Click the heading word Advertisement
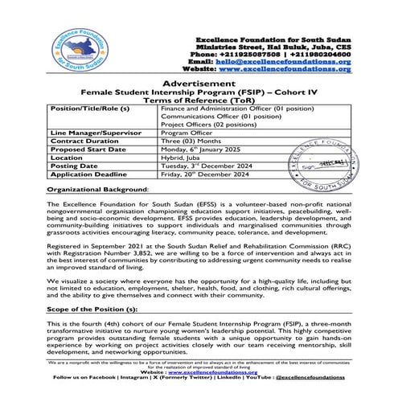199,84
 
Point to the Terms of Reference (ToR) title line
199,100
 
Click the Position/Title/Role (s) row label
89,108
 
